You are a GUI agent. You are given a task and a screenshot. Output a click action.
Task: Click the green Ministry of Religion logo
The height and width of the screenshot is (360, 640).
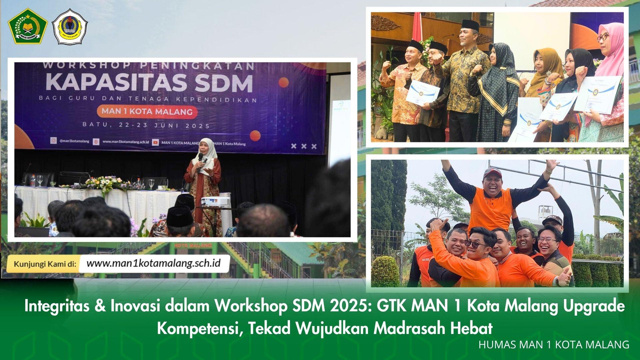pyautogui.click(x=28, y=26)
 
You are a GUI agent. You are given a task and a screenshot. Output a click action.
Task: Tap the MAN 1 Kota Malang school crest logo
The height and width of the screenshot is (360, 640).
pyautogui.click(x=70, y=27)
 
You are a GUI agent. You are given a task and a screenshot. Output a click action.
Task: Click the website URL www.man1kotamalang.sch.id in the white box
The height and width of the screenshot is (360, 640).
pyautogui.click(x=153, y=263)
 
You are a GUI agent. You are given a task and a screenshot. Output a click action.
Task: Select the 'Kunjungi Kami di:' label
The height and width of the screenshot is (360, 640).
pyautogui.click(x=45, y=264)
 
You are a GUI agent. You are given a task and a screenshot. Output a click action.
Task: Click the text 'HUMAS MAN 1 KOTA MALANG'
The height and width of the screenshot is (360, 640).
pyautogui.click(x=554, y=345)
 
